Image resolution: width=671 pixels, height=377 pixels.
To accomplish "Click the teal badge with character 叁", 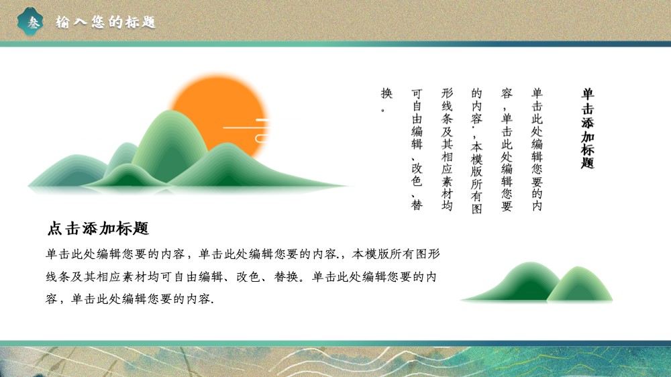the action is (30, 21).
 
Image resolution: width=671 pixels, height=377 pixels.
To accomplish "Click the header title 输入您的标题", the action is (106, 22).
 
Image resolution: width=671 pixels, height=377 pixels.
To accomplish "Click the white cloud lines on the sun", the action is (248, 131).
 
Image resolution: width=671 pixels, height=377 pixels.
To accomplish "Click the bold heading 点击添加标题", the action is (98, 229).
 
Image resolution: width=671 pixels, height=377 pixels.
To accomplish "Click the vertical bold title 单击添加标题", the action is (588, 128).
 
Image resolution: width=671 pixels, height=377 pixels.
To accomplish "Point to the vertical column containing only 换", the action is (386, 99).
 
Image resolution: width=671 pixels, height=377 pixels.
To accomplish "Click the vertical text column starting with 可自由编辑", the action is (417, 149).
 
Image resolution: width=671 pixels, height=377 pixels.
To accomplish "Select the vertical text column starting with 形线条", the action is (447, 149).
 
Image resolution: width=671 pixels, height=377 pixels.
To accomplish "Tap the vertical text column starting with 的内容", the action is (476, 151).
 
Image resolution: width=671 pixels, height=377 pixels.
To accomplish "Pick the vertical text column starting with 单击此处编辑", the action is (537, 149).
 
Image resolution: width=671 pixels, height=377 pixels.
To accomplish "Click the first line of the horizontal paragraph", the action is (243, 254).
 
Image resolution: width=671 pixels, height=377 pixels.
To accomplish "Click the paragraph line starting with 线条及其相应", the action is (241, 277).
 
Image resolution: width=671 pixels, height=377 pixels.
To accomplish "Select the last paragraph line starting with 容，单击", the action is (130, 299).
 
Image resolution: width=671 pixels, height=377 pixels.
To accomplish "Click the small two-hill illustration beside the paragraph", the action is (537, 282).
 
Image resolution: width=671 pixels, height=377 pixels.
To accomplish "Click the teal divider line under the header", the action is (335, 44).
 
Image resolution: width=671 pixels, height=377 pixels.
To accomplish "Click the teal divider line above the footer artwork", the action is (335, 343).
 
